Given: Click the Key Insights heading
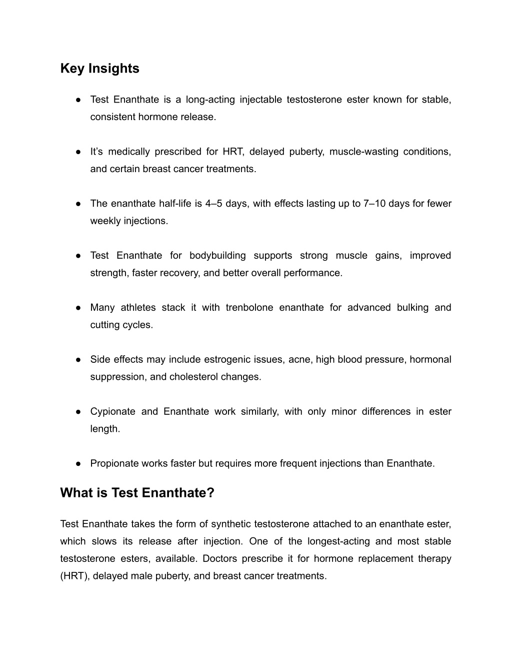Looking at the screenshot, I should [x=99, y=69].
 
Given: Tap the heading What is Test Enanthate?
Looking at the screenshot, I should [x=137, y=493].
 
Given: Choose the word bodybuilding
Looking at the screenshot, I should [x=217, y=256].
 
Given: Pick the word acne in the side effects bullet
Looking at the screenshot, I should [x=299, y=360].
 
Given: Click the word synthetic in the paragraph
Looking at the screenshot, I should [x=231, y=524].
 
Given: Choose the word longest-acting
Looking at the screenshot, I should [x=338, y=541].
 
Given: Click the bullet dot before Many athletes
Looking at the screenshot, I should [x=79, y=308].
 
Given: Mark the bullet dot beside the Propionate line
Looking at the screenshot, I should [x=79, y=464].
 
